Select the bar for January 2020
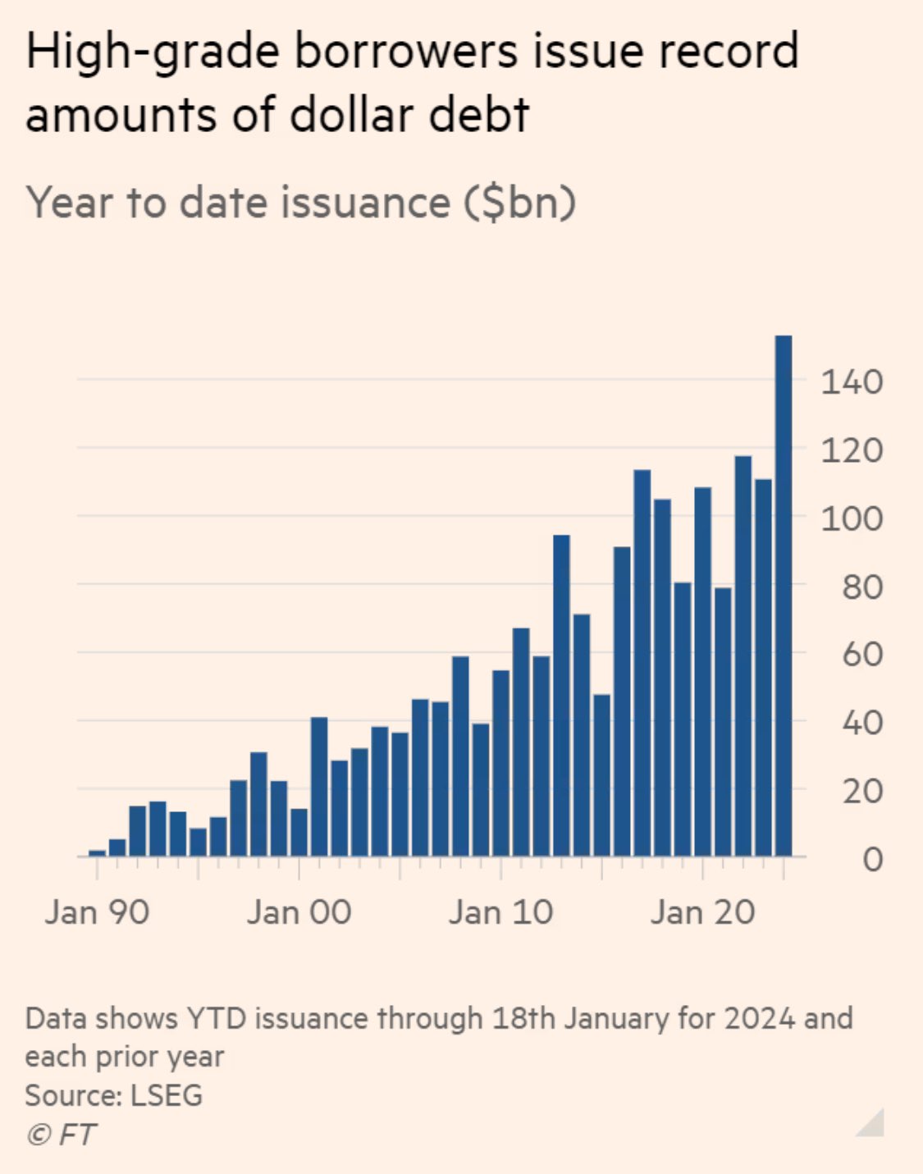(703, 672)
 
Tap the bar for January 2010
(501, 763)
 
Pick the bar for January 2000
(299, 833)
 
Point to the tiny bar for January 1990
(97, 853)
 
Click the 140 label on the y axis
(852, 381)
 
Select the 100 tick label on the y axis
(852, 518)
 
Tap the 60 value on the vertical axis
(861, 655)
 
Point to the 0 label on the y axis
(872, 860)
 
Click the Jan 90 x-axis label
(97, 912)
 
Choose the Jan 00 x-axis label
(299, 912)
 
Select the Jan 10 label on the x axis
(500, 912)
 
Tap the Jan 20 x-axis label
(702, 912)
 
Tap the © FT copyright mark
(62, 1135)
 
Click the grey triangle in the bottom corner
(873, 1124)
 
